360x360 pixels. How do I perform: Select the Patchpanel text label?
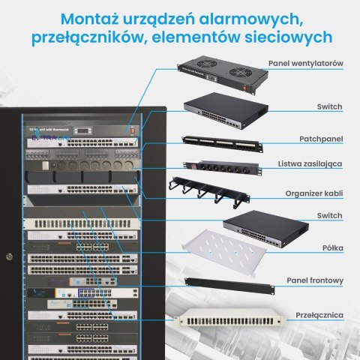coord(323,139)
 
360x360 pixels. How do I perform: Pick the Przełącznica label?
coord(319,315)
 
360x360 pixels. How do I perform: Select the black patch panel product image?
coord(219,142)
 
